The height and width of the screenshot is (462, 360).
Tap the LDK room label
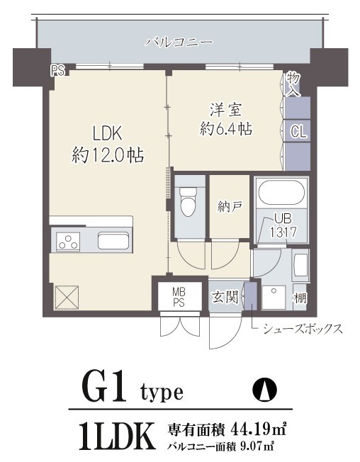coord(108,133)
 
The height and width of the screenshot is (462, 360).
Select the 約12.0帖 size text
coord(108,154)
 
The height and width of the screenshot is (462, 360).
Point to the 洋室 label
coord(225,110)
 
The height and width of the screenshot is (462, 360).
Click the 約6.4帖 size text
coord(226,130)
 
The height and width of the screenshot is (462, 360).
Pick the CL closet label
coord(298,130)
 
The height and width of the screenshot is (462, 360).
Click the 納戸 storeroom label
coord(230,207)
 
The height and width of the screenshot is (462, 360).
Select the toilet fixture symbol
coord(189,201)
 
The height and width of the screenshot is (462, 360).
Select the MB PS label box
coord(179,296)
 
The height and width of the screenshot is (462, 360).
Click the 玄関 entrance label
coord(225,296)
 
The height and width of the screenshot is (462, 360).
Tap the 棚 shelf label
coord(301,298)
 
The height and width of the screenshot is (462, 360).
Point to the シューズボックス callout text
coord(303,328)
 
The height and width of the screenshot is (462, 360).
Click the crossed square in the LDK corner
coord(65,297)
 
